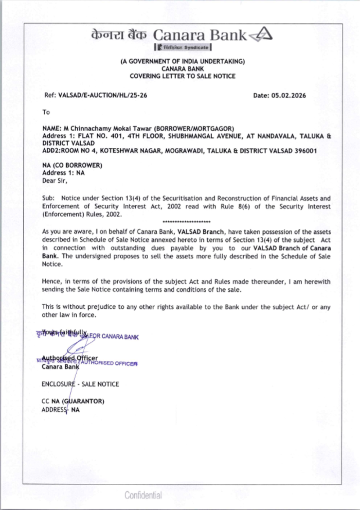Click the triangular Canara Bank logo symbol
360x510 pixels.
pos(262,35)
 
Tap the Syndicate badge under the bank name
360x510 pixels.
pos(183,47)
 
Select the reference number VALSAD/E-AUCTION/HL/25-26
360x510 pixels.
pos(103,95)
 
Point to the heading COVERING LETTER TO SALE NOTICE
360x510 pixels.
pos(183,76)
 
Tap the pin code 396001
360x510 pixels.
pos(306,151)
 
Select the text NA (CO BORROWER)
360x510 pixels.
pos(72,165)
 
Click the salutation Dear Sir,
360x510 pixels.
pos(55,181)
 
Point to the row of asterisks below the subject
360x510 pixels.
pos(186,222)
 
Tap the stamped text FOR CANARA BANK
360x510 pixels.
pos(114,337)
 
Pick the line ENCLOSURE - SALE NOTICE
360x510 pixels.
pos(80,384)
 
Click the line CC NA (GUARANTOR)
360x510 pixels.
pos(73,401)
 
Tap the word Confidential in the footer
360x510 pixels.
pos(143,495)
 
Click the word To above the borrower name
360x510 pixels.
pos(46,112)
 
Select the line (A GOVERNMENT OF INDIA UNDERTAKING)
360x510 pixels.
pos(183,62)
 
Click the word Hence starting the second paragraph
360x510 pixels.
pos(51,281)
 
